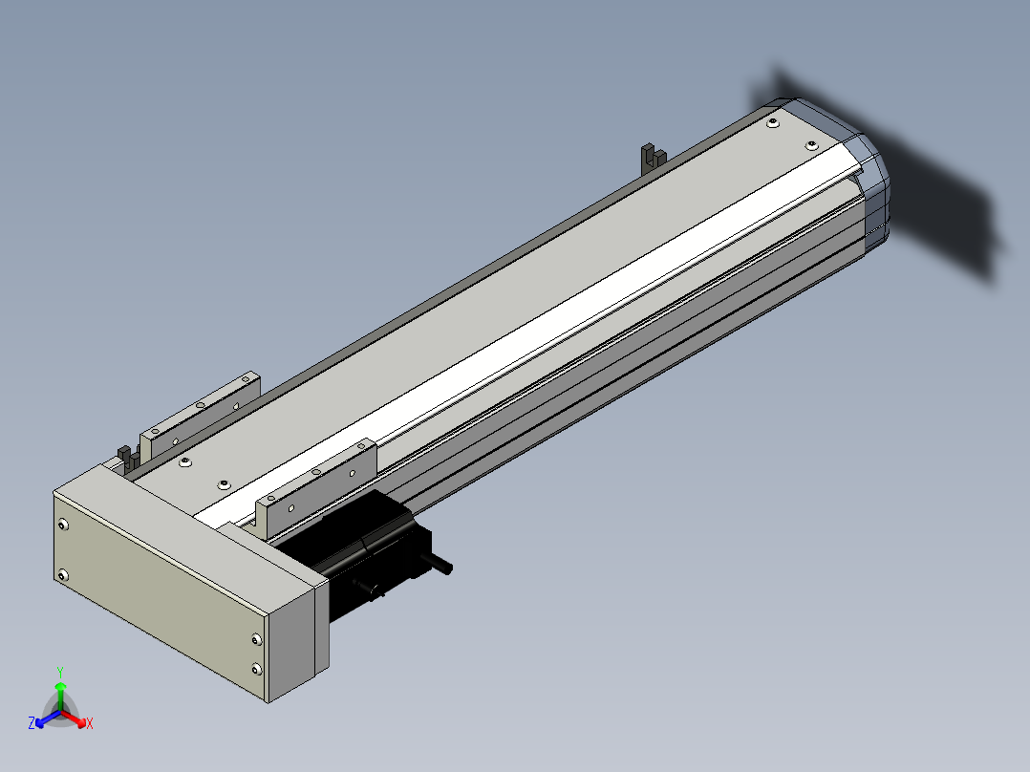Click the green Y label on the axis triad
point(60,672)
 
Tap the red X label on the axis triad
point(90,723)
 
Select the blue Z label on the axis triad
point(32,723)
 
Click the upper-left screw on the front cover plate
point(63,525)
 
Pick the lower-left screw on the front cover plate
point(63,576)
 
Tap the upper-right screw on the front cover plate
point(256,639)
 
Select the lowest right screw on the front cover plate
point(256,670)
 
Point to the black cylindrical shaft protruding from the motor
point(436,563)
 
